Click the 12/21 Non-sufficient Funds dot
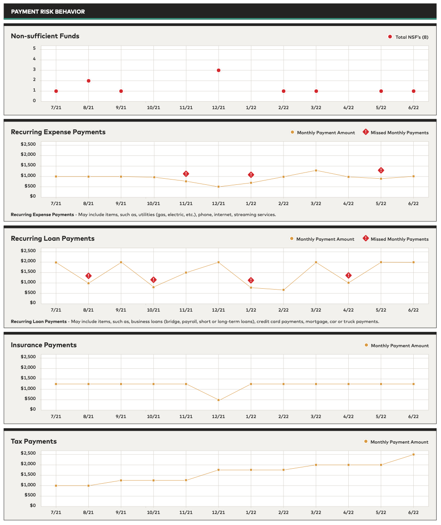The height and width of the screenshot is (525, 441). point(219,70)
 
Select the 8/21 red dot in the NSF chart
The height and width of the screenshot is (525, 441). point(88,81)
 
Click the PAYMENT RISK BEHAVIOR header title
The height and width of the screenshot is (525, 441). point(48,11)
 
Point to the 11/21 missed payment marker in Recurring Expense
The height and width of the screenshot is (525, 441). point(186,174)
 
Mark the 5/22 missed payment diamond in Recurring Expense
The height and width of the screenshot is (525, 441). point(381,170)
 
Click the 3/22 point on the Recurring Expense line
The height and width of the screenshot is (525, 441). point(316,170)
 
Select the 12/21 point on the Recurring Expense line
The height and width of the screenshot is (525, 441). point(219,187)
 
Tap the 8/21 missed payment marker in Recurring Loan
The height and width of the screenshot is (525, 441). point(88,276)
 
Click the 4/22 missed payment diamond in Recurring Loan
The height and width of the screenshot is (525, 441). point(349,275)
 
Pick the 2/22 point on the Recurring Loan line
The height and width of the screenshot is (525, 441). point(284,290)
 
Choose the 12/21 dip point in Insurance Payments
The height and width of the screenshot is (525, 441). point(219,400)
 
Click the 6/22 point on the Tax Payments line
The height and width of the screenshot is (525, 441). point(413,455)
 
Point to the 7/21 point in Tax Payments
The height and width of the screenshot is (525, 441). point(56,486)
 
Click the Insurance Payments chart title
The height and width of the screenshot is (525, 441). point(44,345)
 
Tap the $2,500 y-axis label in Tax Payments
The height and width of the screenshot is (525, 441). point(29,453)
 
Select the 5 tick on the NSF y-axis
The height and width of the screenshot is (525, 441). point(34,48)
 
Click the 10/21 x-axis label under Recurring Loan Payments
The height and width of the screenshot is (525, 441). point(153,310)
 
